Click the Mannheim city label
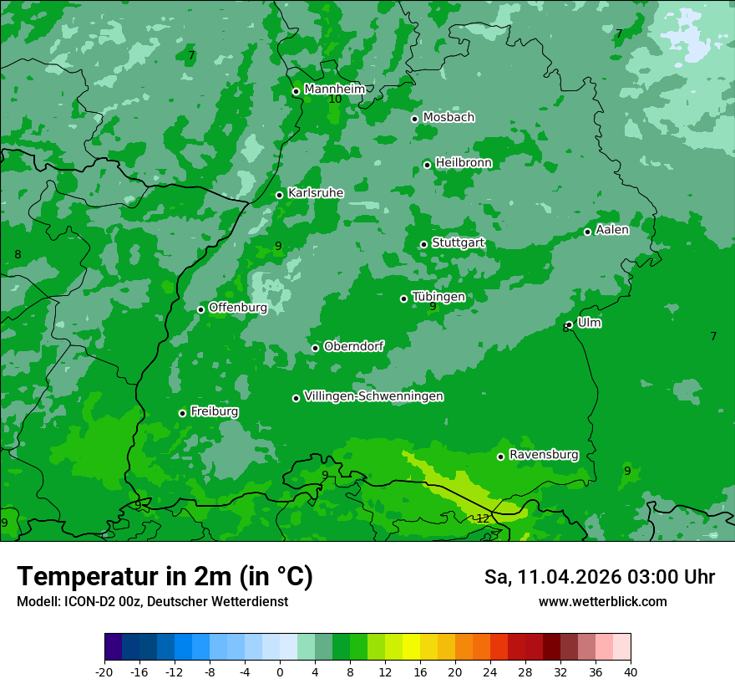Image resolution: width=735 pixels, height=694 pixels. (334, 89)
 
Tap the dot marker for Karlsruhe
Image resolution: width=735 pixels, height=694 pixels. (280, 195)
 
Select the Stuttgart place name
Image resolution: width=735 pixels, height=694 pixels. (458, 243)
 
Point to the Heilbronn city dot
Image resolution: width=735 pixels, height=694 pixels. (427, 165)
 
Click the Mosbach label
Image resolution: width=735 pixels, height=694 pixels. (449, 118)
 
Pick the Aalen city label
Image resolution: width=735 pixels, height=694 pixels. (612, 230)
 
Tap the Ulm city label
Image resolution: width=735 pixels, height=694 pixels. (589, 323)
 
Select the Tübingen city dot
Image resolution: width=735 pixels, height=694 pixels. (404, 299)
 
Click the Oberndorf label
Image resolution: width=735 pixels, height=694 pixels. (354, 346)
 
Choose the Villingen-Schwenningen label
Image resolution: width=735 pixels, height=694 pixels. (373, 396)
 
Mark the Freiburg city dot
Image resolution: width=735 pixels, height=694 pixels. (182, 413)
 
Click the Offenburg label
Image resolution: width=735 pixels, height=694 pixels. (238, 308)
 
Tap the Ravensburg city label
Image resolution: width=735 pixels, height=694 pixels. (544, 455)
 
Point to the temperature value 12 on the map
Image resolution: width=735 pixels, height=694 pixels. (483, 518)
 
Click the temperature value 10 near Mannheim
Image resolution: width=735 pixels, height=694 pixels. (335, 100)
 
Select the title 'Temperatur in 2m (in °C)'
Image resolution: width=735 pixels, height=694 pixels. (165, 576)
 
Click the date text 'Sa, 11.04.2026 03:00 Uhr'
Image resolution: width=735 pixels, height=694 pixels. (599, 577)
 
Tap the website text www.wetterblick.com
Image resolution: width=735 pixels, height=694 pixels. (602, 602)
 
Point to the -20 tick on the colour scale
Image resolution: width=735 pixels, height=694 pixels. (104, 671)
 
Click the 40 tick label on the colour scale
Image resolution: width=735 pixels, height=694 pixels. (631, 671)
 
